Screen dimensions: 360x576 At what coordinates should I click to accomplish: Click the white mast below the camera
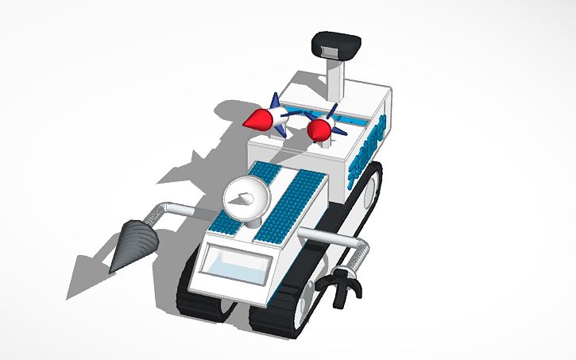tap(337, 79)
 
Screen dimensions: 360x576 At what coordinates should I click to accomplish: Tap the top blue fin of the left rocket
tap(275, 101)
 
